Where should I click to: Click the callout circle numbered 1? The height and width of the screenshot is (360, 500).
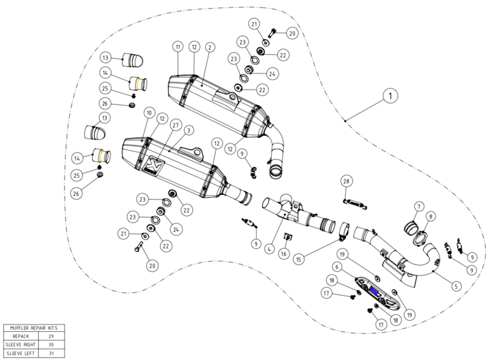pos(390,95)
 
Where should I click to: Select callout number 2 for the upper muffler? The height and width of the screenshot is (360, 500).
pos(210,47)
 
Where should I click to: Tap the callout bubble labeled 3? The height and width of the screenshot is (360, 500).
pos(189,130)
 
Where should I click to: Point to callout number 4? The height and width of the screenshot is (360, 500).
pos(270,248)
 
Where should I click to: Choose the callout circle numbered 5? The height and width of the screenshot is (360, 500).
pos(456,286)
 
